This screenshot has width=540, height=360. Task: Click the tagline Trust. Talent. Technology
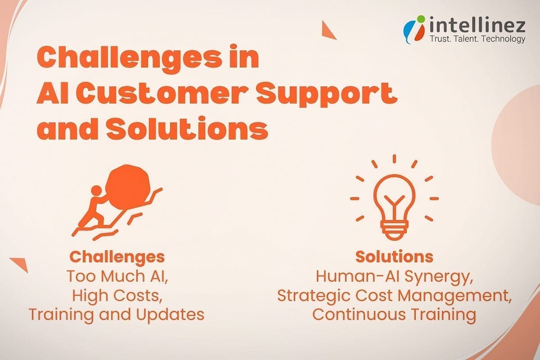pos(477,39)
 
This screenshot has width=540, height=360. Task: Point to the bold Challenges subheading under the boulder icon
pos(117,257)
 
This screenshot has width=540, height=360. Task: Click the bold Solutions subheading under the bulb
pos(394,256)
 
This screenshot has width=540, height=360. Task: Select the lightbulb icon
pos(394,198)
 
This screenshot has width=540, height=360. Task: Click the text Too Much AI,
pos(117,276)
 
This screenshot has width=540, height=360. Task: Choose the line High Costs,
pos(117,296)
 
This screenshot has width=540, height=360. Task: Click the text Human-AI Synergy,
pos(394,276)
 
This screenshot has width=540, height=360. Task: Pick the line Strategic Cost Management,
pos(394,296)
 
